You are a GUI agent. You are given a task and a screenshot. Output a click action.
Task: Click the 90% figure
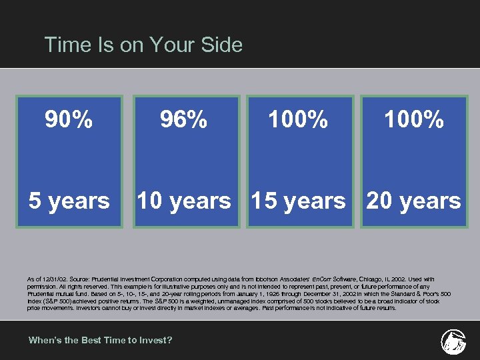(x=69, y=120)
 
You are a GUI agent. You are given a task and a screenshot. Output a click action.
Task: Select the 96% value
(x=183, y=120)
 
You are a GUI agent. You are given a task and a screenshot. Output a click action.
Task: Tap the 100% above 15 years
(x=298, y=120)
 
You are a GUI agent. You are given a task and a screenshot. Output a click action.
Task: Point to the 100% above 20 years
(x=413, y=120)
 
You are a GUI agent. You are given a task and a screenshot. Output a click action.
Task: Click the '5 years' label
(x=69, y=201)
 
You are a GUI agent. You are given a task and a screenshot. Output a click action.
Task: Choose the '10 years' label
(x=183, y=201)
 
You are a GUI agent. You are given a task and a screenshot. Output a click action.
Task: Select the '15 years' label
(x=298, y=201)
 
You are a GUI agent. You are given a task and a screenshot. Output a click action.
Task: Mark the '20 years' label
(x=413, y=201)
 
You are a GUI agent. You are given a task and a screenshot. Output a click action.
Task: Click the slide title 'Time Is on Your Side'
(x=143, y=45)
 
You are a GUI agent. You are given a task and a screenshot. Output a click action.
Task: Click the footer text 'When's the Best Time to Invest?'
(x=100, y=340)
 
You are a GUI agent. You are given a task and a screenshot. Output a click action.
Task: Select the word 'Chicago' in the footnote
(x=379, y=279)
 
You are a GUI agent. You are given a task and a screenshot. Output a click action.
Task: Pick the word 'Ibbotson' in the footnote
(x=273, y=279)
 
